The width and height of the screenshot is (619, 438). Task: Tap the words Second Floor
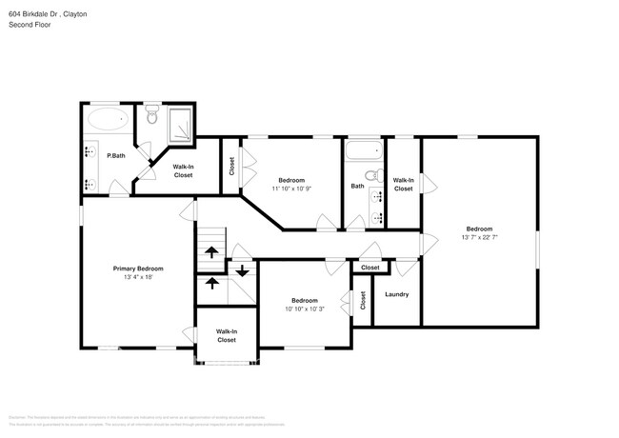pyautogui.click(x=30, y=25)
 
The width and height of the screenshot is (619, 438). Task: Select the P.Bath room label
pyautogui.click(x=116, y=155)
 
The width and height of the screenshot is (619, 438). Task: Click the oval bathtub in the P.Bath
pyautogui.click(x=108, y=120)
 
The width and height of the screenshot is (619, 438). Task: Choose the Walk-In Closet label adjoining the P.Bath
pyautogui.click(x=183, y=171)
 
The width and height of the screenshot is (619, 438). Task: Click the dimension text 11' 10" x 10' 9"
pyautogui.click(x=290, y=189)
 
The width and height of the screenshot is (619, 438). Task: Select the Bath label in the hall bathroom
pyautogui.click(x=357, y=187)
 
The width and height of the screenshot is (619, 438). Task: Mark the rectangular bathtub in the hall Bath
pyautogui.click(x=362, y=150)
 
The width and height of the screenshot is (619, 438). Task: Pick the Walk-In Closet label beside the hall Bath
pyautogui.click(x=404, y=184)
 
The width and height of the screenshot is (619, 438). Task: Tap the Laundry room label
pyautogui.click(x=397, y=294)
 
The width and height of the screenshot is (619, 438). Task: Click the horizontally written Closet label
pyautogui.click(x=369, y=269)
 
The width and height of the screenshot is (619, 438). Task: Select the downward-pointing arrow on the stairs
pyautogui.click(x=242, y=270)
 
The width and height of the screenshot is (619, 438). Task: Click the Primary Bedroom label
pyautogui.click(x=138, y=269)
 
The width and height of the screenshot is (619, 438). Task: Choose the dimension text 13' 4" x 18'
pyautogui.click(x=138, y=277)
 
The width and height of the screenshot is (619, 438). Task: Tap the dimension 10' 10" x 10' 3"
pyautogui.click(x=305, y=308)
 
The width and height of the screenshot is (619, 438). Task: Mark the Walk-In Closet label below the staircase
pyautogui.click(x=227, y=335)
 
